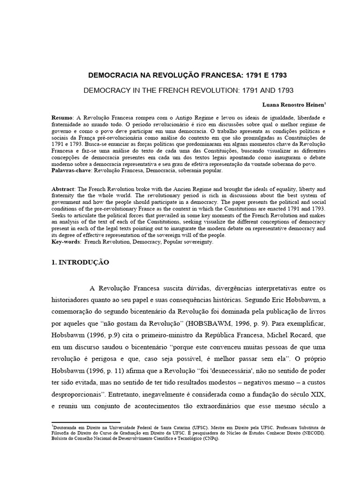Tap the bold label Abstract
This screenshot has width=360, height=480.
coord(64,188)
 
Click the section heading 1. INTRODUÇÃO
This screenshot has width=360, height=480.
coord(80,262)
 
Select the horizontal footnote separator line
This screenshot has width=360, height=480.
coord(86,423)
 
